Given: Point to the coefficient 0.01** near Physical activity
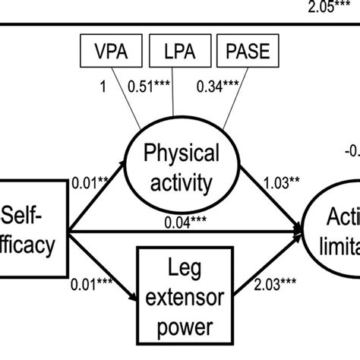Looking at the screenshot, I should pyautogui.click(x=90, y=182).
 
